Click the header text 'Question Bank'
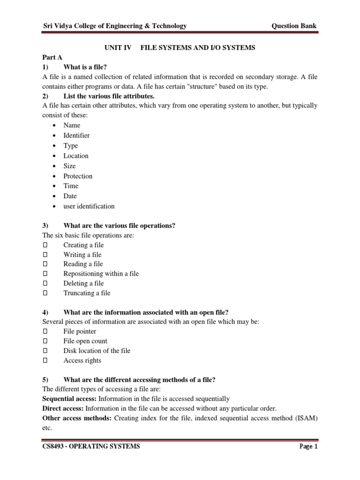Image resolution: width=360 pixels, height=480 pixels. pos(297,26)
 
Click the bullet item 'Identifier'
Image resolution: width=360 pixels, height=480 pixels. pos(76,135)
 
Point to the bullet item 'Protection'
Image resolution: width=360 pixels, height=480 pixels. pos(78,176)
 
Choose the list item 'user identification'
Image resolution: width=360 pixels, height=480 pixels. pos(89,206)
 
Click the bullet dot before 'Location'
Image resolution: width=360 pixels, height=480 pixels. pos(55,156)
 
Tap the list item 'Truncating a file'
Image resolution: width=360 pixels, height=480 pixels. pos(87,293)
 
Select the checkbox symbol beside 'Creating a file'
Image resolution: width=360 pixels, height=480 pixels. pos(45,245)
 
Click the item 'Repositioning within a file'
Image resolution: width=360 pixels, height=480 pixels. pos(101,274)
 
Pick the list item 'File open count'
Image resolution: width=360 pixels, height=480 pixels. pos(85,341)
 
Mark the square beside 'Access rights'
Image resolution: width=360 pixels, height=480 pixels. pos(45,360)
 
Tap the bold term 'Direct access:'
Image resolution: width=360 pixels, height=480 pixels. pos(63,408)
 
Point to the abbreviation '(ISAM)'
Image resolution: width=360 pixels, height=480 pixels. pos(306,418)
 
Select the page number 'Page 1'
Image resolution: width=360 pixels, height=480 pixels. pos(308,447)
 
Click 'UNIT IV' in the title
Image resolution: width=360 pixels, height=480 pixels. pos(114,48)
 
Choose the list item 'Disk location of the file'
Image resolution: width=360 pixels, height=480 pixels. pos(97,351)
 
